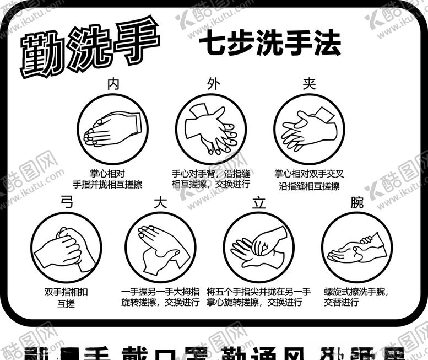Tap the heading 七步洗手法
click(x=269, y=44)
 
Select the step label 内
click(x=113, y=84)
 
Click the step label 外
click(x=213, y=84)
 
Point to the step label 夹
click(x=309, y=84)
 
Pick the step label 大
click(x=160, y=202)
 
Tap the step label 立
click(x=258, y=202)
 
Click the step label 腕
click(x=357, y=202)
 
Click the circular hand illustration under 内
click(x=112, y=128)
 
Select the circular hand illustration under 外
click(x=211, y=128)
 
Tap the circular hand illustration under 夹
click(x=309, y=128)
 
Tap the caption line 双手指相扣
click(x=66, y=292)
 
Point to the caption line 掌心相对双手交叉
click(x=309, y=174)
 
